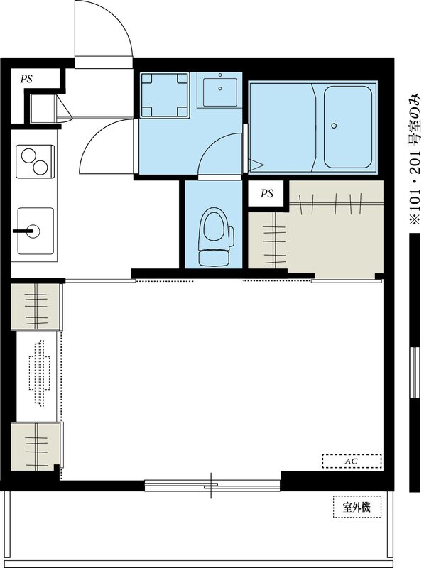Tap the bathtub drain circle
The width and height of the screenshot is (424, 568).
pyautogui.click(x=334, y=126)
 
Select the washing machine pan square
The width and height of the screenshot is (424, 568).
pyautogui.click(x=165, y=95)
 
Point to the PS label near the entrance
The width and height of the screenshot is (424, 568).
pyautogui.click(x=26, y=79)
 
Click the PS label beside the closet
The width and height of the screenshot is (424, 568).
pyautogui.click(x=267, y=193)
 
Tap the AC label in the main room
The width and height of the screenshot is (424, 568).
pyautogui.click(x=351, y=461)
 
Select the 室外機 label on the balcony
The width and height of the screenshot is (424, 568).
pyautogui.click(x=357, y=507)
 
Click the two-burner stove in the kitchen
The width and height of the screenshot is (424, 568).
pyautogui.click(x=35, y=161)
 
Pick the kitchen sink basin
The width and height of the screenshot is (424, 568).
pyautogui.click(x=36, y=231)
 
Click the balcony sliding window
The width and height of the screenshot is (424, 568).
pyautogui.click(x=212, y=486)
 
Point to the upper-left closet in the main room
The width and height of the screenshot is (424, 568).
pyautogui.click(x=36, y=307)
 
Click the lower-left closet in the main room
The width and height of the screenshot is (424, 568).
pyautogui.click(x=36, y=446)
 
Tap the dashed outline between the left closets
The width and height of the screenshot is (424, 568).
pyautogui.click(x=39, y=373)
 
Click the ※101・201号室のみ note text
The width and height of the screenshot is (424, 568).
pyautogui.click(x=415, y=159)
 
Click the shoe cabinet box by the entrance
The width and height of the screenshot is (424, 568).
pyautogui.click(x=43, y=108)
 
